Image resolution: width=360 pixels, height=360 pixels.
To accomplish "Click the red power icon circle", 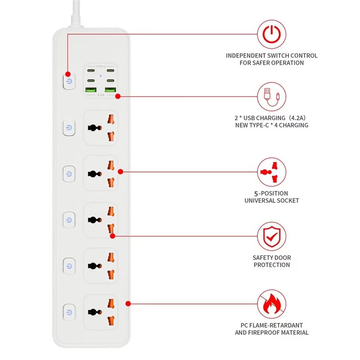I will click(271, 34).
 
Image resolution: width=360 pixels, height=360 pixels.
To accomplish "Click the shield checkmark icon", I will click(271, 235).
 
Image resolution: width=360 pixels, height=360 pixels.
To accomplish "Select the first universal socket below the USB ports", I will click(101, 127).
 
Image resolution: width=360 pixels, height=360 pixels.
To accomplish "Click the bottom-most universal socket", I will click(101, 312).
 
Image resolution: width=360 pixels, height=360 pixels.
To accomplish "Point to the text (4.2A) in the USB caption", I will click(297, 117).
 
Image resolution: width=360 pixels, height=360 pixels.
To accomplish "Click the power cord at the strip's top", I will click(74, 13).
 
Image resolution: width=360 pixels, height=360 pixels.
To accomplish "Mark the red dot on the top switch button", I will click(68, 74).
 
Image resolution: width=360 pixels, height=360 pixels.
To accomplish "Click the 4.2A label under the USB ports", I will click(101, 95).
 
